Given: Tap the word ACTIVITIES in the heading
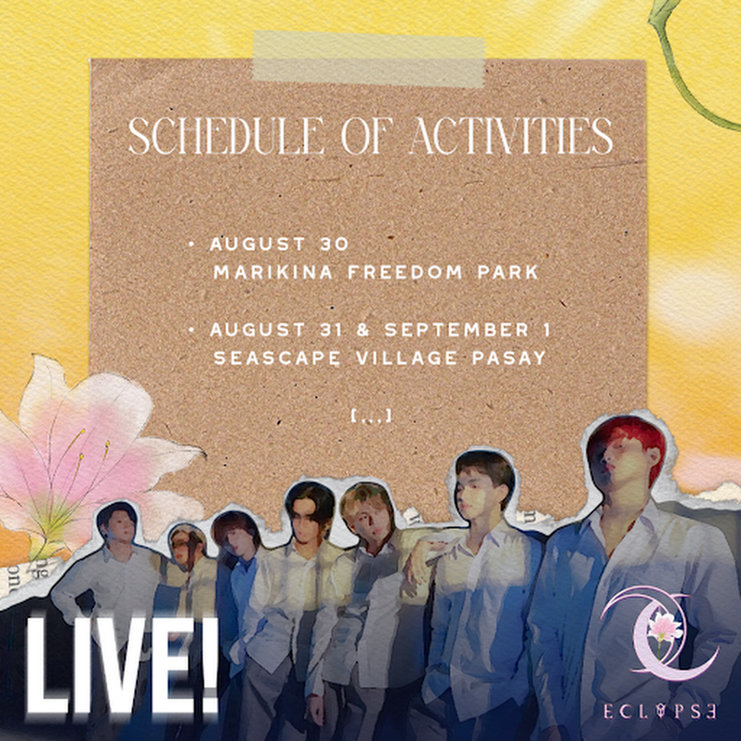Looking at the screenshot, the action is click(x=511, y=136).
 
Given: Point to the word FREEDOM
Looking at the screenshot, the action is click(x=405, y=272).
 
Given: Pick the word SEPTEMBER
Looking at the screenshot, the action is click(x=456, y=330).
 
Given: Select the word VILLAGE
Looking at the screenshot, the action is click(x=406, y=357).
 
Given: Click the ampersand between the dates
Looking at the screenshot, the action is click(x=363, y=330).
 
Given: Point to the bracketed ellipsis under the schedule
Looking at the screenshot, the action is click(x=371, y=416).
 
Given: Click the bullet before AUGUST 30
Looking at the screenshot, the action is click(x=191, y=244).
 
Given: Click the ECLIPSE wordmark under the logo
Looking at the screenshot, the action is click(x=660, y=711).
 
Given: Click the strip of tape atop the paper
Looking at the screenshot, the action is click(x=369, y=58).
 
